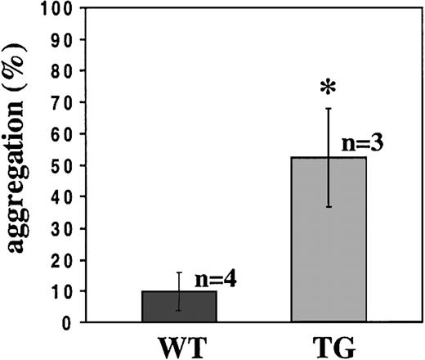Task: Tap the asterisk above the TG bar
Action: [328, 88]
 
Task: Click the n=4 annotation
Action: [216, 278]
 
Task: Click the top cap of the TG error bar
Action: [329, 108]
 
